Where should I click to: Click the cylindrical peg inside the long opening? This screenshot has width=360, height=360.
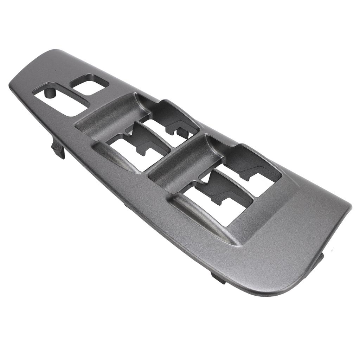coord(50,92)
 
